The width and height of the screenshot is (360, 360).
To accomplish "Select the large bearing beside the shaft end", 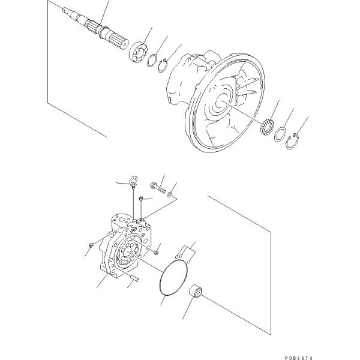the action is pyautogui.click(x=139, y=52).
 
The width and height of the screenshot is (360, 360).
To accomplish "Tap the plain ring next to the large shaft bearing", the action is pyautogui.click(x=152, y=60).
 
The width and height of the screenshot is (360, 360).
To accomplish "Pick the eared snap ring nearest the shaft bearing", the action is pyautogui.click(x=163, y=66).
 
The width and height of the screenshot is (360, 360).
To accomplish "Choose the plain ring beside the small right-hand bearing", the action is pyautogui.click(x=280, y=134).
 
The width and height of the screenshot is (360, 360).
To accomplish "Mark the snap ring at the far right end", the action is pyautogui.click(x=293, y=141).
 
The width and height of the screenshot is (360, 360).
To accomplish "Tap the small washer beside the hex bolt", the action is pyautogui.click(x=169, y=194).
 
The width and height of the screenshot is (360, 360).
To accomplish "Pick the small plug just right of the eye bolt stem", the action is pyautogui.click(x=142, y=199).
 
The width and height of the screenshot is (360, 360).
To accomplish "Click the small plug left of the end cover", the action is pyautogui.click(x=91, y=245).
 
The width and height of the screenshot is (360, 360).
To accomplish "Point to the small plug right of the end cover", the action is pyautogui.click(x=157, y=253).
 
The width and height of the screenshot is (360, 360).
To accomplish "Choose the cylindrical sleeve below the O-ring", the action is pyautogui.click(x=196, y=290).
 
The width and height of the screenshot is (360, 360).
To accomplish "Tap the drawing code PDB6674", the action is pyautogui.click(x=298, y=358).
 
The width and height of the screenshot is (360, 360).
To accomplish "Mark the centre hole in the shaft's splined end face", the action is pyautogui.click(x=125, y=44).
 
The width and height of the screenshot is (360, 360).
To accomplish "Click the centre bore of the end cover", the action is pyautogui.click(x=127, y=253).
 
